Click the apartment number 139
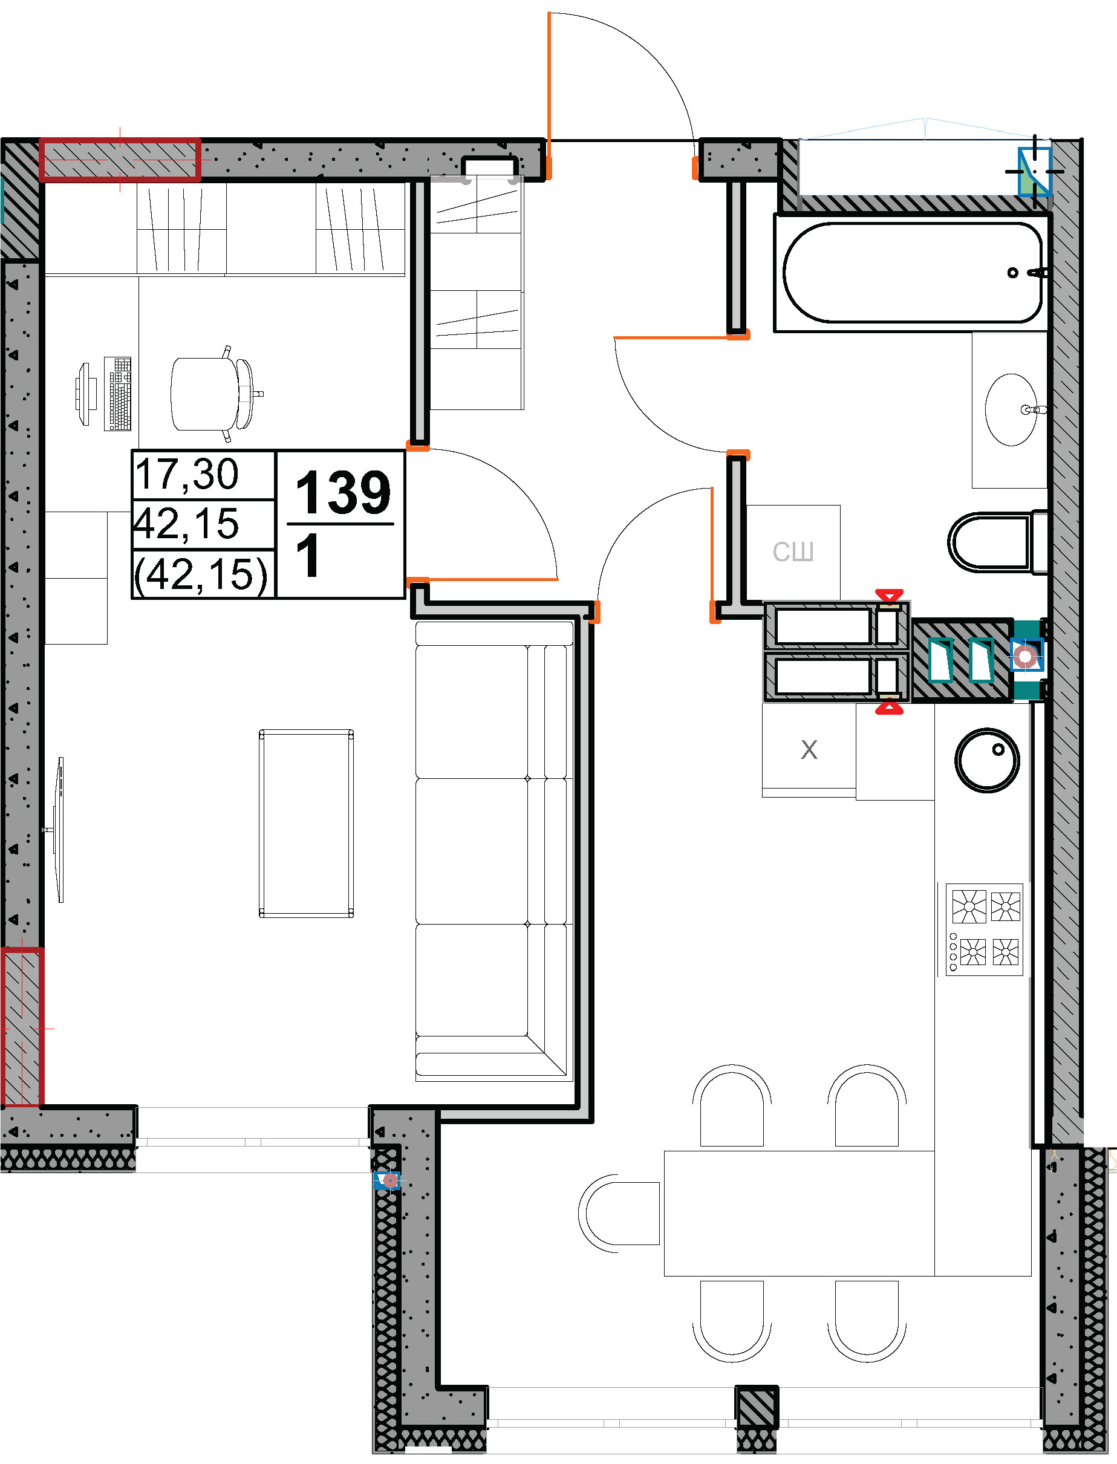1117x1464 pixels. click(343, 493)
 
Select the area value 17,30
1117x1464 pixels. click(187, 475)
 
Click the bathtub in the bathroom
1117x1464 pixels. click(913, 273)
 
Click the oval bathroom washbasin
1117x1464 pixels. click(1011, 409)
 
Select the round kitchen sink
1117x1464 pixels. click(987, 760)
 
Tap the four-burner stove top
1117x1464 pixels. click(984, 929)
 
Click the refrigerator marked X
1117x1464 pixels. click(809, 750)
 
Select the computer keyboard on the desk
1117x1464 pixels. click(118, 394)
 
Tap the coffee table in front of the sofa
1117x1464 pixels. click(306, 823)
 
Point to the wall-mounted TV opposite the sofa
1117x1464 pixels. click(59, 830)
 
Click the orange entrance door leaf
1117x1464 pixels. click(549, 96)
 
